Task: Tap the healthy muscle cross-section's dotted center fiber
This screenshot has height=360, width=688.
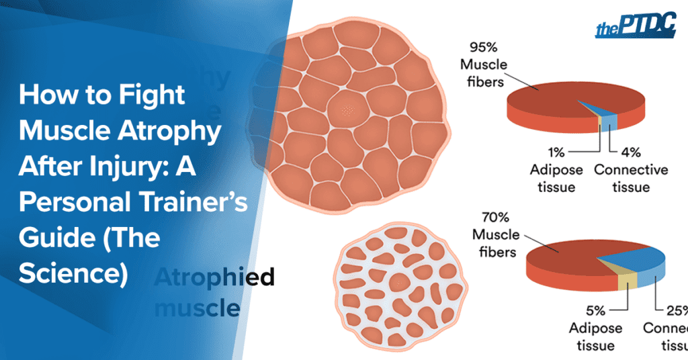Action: click(347, 109)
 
